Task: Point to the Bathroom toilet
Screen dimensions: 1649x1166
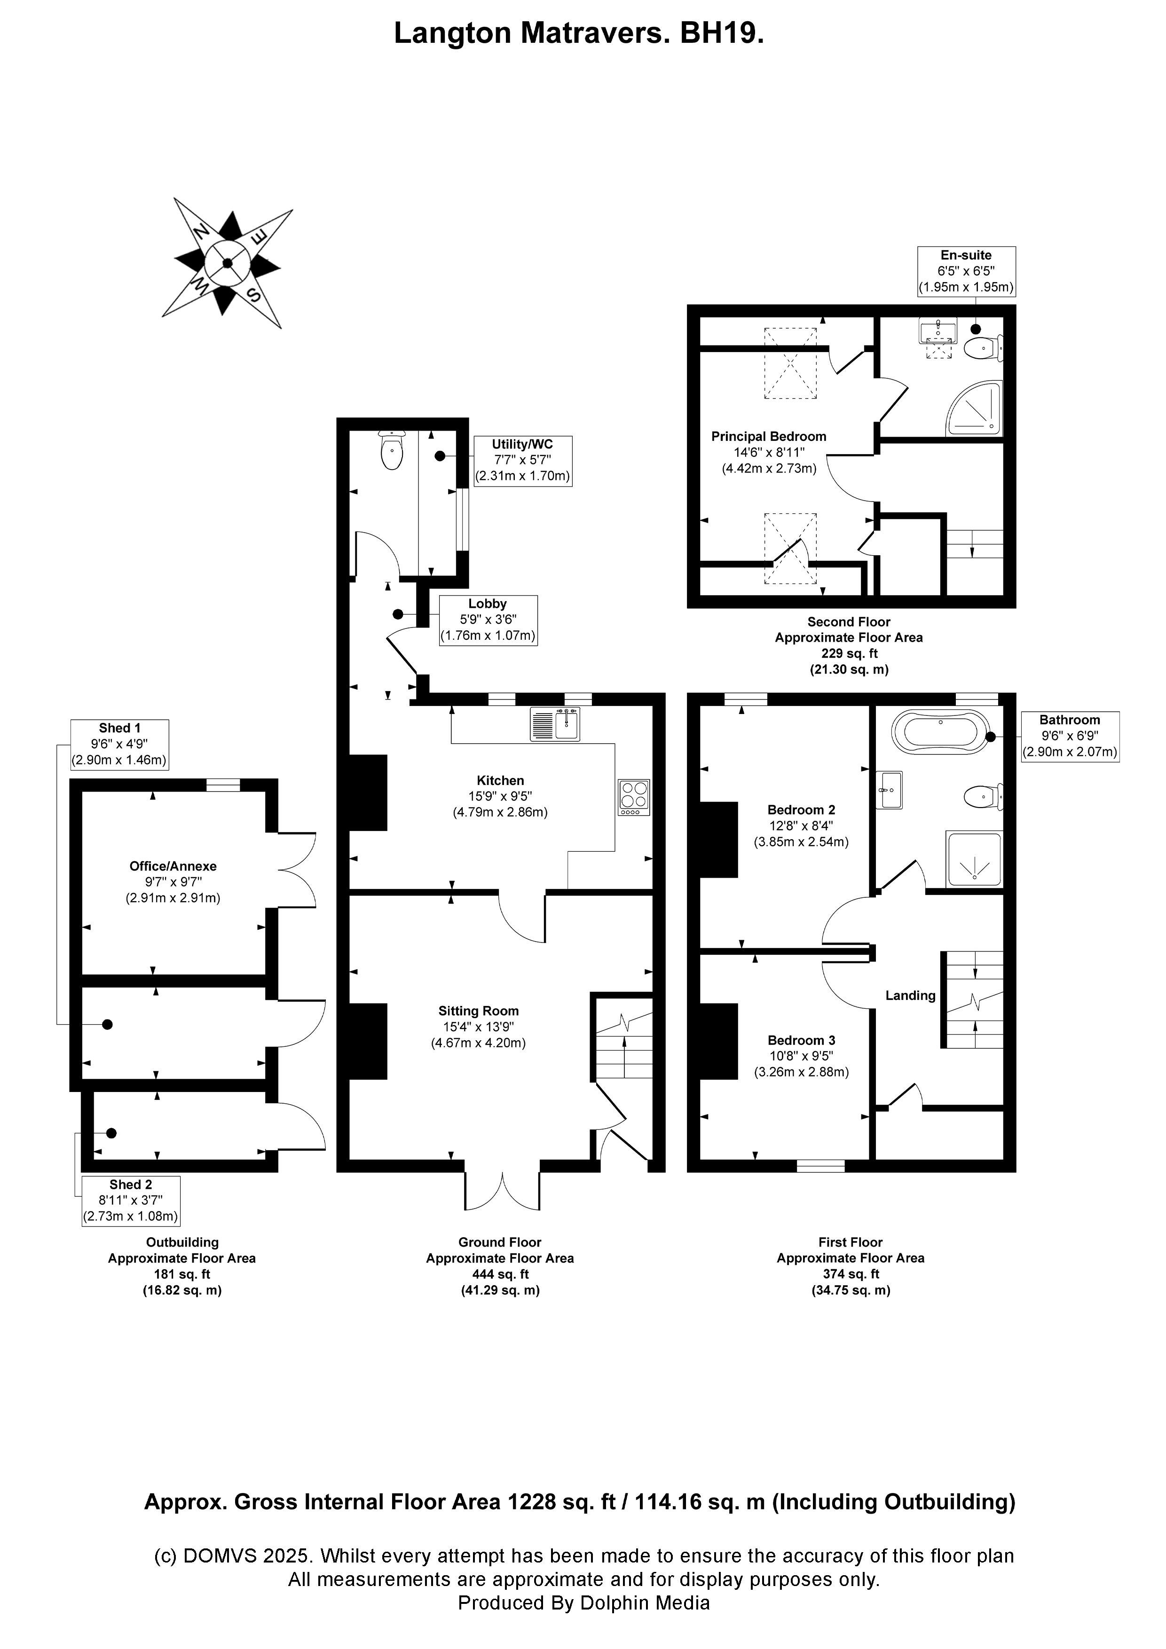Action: tap(981, 796)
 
